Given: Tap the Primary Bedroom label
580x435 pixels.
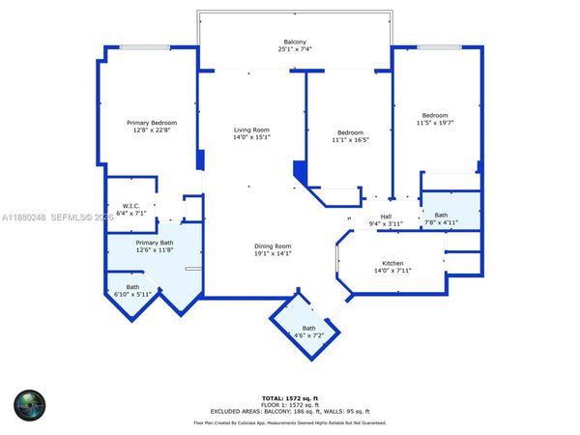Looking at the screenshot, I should click(x=153, y=123).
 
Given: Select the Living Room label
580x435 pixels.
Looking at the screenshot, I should click(x=251, y=130).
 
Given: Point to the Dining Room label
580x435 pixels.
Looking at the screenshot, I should click(x=272, y=246).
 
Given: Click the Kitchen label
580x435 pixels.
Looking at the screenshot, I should click(x=392, y=264).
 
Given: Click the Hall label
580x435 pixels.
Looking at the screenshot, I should click(x=386, y=217).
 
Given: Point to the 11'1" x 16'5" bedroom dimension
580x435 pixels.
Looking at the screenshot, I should click(x=350, y=139).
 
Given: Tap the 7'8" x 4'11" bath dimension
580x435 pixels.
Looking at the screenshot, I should click(x=441, y=223).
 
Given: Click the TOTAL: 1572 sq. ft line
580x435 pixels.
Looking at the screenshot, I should click(x=290, y=397).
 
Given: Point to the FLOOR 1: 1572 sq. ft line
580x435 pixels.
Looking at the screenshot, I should click(x=290, y=404).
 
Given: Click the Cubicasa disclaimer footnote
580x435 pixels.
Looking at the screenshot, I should click(x=290, y=422).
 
